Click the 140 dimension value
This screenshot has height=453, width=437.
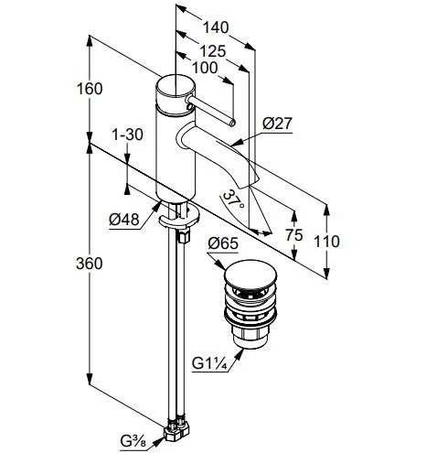tap(216, 27)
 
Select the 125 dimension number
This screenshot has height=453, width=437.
tap(213, 51)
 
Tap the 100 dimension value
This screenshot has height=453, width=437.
tap(205, 68)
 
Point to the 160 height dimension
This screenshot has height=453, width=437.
tap(90, 89)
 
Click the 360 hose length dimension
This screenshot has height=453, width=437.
tap(90, 264)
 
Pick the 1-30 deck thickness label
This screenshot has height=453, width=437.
tap(127, 135)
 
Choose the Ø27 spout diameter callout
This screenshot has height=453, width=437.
tap(277, 124)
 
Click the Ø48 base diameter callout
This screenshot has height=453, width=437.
tap(124, 220)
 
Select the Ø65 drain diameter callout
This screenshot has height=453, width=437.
tap(223, 243)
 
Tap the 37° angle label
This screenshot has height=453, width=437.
tap(233, 200)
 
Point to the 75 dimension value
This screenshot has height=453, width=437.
tap(294, 235)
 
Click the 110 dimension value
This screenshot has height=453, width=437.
tap(326, 242)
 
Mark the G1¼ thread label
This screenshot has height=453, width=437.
tap(209, 363)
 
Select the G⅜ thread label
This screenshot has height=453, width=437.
tap(133, 441)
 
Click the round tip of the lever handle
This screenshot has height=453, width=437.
tap(232, 123)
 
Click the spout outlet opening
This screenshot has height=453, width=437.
tap(250, 182)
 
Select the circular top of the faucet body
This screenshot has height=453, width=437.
tap(176, 86)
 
